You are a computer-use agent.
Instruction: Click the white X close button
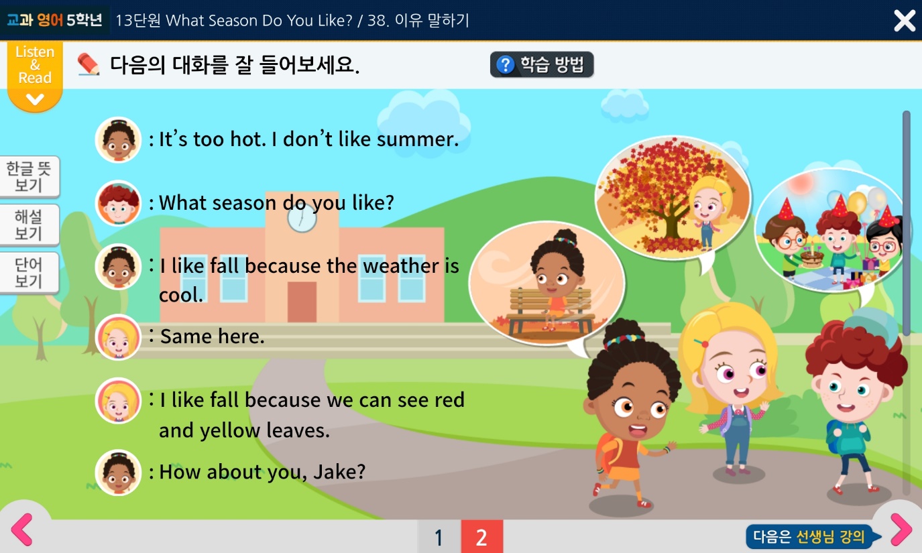905,20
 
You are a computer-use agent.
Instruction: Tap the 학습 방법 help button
542,64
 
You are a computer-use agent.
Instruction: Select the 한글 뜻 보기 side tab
30,177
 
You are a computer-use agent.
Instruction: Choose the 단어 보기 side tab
29,272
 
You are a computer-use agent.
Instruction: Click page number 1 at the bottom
439,536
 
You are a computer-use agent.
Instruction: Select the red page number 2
481,536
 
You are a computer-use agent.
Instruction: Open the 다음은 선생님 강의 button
813,536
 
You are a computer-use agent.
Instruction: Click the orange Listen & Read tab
35,76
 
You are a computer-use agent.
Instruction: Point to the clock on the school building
302,219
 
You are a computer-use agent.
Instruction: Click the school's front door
302,302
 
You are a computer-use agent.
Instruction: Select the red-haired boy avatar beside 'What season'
118,203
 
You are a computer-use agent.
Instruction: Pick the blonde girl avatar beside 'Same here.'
118,337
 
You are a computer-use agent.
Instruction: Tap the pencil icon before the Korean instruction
89,64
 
